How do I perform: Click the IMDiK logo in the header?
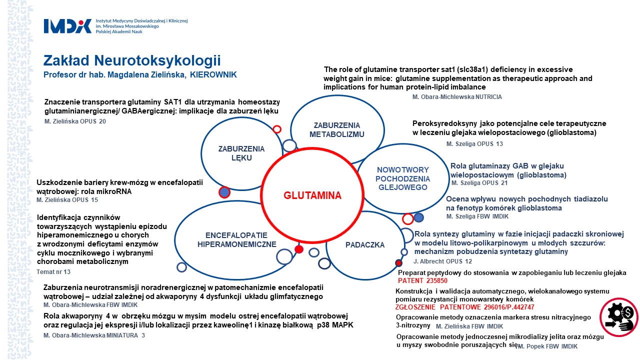[68, 26]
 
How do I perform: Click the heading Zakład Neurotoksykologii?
[132, 61]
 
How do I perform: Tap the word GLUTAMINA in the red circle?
[312, 195]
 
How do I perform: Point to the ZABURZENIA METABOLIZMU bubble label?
[336, 129]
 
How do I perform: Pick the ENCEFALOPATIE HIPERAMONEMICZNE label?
[236, 240]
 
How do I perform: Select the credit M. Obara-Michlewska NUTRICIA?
[457, 97]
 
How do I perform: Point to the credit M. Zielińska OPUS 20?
[75, 121]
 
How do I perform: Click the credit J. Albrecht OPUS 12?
[442, 261]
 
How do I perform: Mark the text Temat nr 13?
[54, 271]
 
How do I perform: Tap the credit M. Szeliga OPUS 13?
[474, 144]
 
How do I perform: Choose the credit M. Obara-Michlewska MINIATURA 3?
[94, 335]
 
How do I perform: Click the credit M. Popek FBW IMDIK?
[547, 346]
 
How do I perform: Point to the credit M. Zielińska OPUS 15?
[67, 200]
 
